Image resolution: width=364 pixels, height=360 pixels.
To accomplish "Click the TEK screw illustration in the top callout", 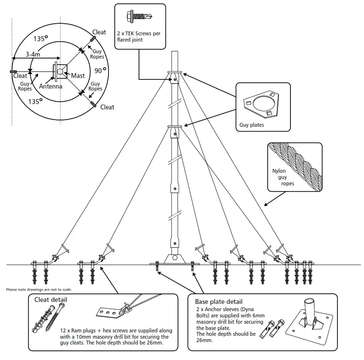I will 138,16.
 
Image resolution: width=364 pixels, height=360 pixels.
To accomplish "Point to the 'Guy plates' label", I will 252,124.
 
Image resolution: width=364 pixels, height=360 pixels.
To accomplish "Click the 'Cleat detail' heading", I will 51,300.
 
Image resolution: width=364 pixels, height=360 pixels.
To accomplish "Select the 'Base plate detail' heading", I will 219,301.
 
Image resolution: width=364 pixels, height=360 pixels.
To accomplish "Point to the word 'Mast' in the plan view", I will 77,75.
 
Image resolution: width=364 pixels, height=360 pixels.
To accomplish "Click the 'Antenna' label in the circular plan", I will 51,87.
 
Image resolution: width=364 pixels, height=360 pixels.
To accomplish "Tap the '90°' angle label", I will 100,70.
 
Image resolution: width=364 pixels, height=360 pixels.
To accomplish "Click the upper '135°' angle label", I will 41,38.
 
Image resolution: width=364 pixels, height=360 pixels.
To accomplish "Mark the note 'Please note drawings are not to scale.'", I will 39,289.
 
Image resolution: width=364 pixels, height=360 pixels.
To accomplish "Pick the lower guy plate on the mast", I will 175,126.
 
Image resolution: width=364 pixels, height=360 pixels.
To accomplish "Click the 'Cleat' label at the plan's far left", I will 20,76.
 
